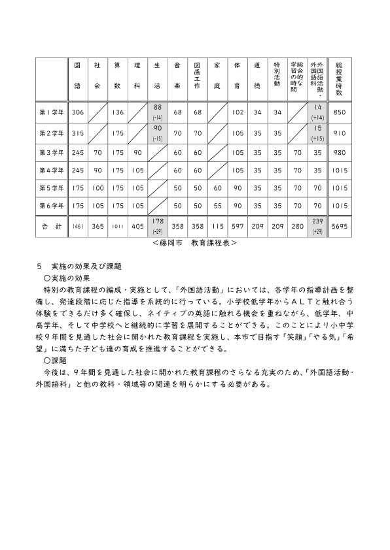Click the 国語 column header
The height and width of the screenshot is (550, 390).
(x=77, y=76)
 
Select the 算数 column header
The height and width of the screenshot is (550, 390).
(x=117, y=76)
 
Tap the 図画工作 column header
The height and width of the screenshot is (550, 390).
(x=197, y=76)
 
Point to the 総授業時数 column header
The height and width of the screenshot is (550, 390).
(x=339, y=76)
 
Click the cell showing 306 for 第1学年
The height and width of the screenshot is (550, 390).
(x=77, y=112)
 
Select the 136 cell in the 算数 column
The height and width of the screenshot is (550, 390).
(x=117, y=112)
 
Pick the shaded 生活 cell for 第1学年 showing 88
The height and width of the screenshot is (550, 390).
(x=158, y=112)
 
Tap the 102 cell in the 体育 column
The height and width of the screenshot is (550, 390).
(x=238, y=112)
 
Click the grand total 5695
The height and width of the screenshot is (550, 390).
(x=339, y=226)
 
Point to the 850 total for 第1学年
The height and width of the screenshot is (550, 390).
(x=339, y=112)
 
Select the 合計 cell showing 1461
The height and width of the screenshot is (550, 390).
(x=77, y=226)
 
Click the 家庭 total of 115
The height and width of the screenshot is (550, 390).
(x=218, y=226)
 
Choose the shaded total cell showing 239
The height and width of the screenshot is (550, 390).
(x=317, y=225)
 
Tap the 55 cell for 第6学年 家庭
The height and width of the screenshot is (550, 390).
(x=218, y=205)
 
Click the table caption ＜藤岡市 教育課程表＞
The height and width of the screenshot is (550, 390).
(x=194, y=242)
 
